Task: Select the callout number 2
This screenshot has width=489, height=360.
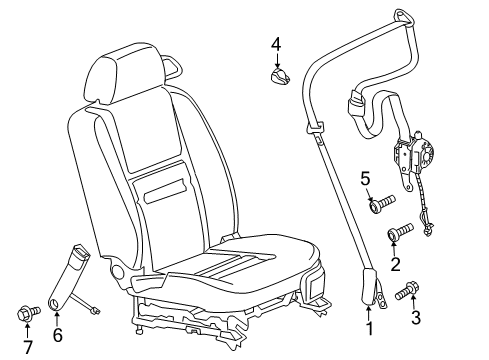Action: (x=397, y=264)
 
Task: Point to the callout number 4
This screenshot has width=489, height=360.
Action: (x=276, y=43)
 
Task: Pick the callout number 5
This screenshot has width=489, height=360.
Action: (x=366, y=179)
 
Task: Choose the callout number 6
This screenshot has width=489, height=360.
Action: (x=58, y=335)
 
